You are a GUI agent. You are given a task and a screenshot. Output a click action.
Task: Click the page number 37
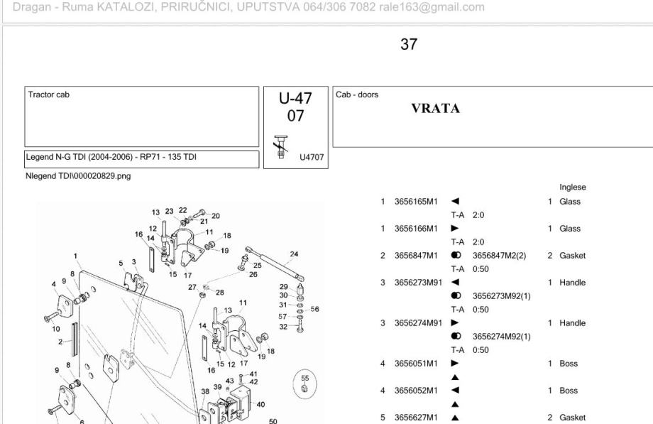[x=409, y=45]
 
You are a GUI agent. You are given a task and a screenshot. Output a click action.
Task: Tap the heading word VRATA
[x=436, y=109]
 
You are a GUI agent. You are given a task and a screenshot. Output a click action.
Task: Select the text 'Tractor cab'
[x=49, y=94]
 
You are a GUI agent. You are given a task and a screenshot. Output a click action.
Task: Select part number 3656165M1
[x=417, y=202]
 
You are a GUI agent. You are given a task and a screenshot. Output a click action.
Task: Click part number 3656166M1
[x=417, y=229]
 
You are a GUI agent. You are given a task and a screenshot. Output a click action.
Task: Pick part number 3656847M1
[x=417, y=256]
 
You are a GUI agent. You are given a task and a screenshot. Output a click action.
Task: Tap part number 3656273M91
[x=419, y=283]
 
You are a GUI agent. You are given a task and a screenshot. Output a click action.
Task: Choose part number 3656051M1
[x=417, y=364]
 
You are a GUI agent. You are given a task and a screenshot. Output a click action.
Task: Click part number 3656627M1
[x=417, y=418]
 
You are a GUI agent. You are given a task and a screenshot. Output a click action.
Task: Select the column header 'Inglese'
[x=571, y=188]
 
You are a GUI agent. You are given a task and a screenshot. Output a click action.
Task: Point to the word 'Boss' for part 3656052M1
[x=568, y=391]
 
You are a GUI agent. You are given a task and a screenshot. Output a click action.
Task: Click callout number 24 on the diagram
[x=295, y=254]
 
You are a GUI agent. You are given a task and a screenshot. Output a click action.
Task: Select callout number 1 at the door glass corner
[x=75, y=256]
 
